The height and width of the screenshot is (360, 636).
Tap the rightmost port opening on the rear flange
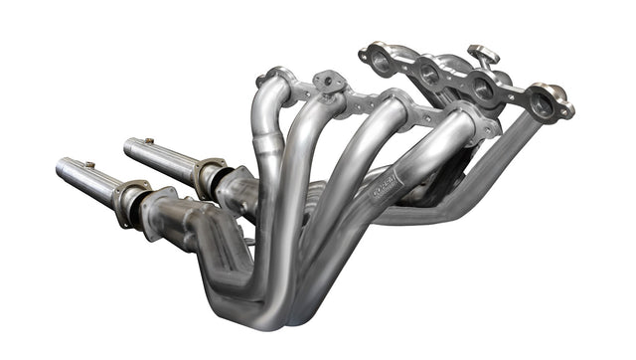[x=543, y=102]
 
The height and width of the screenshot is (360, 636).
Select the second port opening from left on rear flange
[x=428, y=73]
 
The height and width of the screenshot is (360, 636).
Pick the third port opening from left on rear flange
[x=485, y=89]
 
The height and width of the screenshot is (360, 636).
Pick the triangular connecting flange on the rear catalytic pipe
[x=209, y=178]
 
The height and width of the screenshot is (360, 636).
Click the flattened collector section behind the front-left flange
[x=179, y=214]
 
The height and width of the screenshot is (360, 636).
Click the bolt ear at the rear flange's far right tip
[x=562, y=94]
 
